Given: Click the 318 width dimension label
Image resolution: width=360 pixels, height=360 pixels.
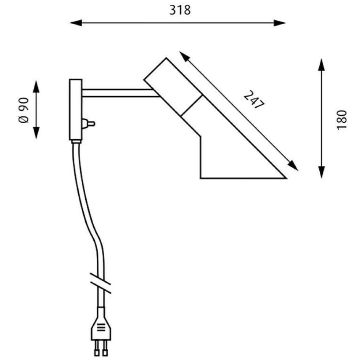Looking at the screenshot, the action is [180, 10].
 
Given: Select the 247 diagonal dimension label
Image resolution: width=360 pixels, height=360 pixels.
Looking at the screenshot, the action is [254, 100].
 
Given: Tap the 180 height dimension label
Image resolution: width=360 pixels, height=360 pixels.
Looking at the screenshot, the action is [342, 120].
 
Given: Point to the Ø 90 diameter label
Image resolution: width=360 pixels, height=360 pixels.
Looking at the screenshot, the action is [24, 110].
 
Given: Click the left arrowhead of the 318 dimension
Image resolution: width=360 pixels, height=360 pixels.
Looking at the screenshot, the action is [76, 23].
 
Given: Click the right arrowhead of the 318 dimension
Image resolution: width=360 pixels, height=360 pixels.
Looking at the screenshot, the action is [280, 23].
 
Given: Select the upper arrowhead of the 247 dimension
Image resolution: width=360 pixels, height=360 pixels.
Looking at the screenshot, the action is [185, 57].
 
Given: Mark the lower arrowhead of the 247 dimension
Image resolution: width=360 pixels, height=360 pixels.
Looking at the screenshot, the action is [293, 165].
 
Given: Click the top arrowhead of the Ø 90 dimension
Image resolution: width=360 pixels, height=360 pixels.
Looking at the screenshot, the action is [36, 87].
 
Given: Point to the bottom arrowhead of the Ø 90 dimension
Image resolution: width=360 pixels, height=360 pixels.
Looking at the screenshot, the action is [36, 133].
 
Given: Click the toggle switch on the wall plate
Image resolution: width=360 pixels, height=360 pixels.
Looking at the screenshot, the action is [89, 124].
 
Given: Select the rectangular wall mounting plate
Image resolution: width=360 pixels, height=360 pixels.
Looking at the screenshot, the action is [76, 109].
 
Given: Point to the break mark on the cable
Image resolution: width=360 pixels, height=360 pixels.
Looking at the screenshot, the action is [101, 283].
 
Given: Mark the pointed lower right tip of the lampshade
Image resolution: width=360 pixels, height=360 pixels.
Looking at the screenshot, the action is [286, 178].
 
